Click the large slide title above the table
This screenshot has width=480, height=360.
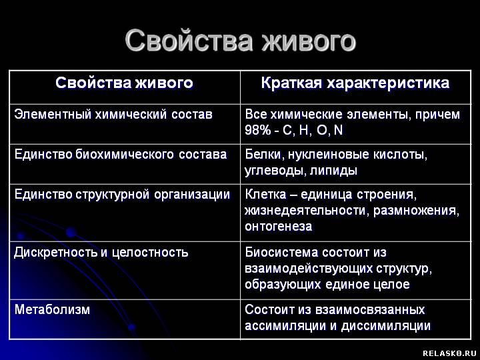click(x=240, y=41)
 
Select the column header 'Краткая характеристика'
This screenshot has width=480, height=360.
click(x=355, y=83)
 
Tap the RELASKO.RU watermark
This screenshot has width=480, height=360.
click(x=449, y=353)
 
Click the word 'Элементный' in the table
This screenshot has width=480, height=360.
click(x=53, y=115)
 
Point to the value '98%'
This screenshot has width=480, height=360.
click(x=257, y=130)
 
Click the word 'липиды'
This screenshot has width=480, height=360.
click(x=333, y=171)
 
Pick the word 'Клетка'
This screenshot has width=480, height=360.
click(x=265, y=195)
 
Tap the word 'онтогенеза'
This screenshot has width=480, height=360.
click(x=278, y=227)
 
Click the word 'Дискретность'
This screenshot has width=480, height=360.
click(x=56, y=253)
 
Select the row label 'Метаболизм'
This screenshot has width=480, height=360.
click(x=52, y=309)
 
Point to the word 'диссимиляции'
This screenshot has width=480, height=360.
click(x=386, y=326)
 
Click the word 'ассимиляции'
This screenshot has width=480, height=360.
click(x=285, y=326)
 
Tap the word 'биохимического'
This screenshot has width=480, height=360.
click(x=125, y=154)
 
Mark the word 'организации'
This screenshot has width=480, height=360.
click(x=192, y=195)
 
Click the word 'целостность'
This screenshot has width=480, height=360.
click(x=150, y=253)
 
